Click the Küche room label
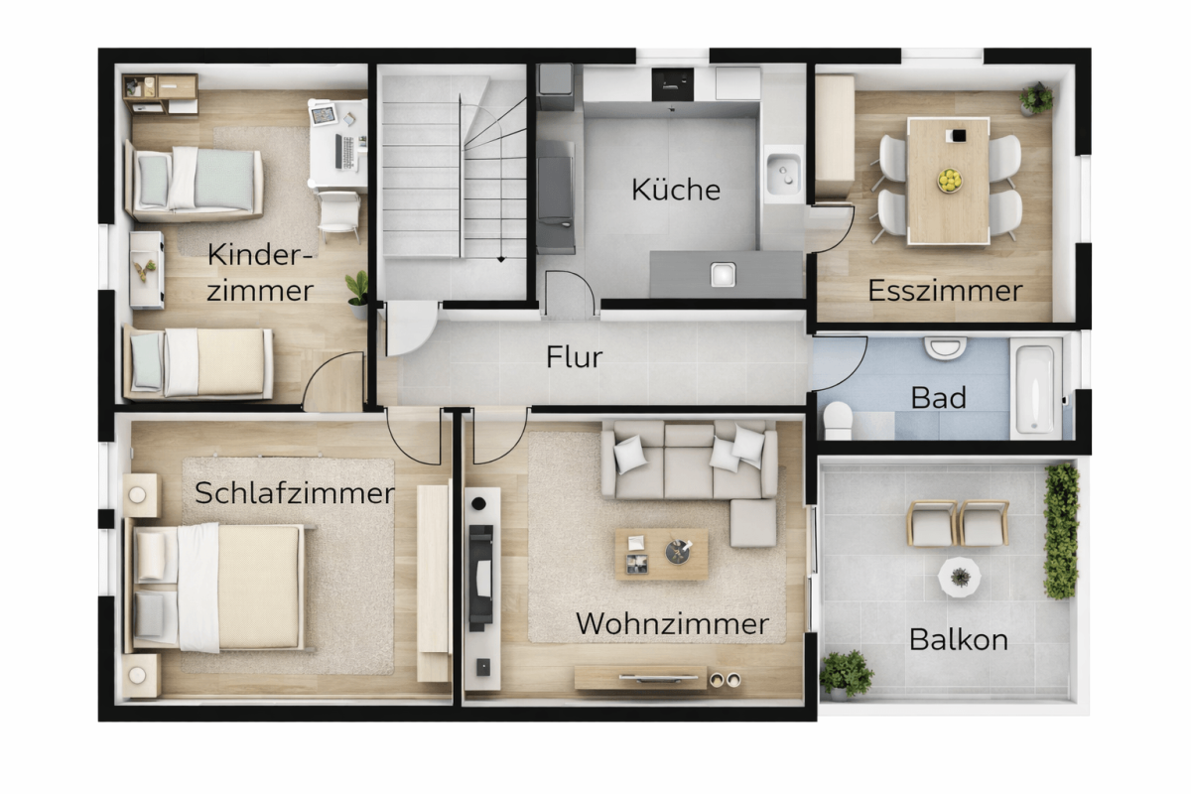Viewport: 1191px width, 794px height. pyautogui.click(x=676, y=190)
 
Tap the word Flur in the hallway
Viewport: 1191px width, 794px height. pyautogui.click(x=575, y=357)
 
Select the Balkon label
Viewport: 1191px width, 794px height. pyautogui.click(x=959, y=640)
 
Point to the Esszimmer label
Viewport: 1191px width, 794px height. pyautogui.click(x=945, y=291)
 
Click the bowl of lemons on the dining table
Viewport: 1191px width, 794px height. pyautogui.click(x=949, y=181)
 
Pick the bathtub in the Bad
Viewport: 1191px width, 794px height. pyautogui.click(x=1035, y=389)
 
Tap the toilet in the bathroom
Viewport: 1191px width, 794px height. pyautogui.click(x=838, y=420)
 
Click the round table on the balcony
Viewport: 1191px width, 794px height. pyautogui.click(x=960, y=577)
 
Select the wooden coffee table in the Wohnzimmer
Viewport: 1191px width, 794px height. pyautogui.click(x=661, y=554)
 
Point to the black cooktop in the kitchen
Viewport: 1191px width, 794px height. pyautogui.click(x=673, y=84)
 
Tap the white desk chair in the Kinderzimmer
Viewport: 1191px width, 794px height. pyautogui.click(x=339, y=213)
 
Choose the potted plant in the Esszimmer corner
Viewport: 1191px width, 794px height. pyautogui.click(x=1035, y=99)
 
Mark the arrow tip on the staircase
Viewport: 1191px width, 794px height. pyautogui.click(x=501, y=260)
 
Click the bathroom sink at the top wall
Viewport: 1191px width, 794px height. pyautogui.click(x=945, y=347)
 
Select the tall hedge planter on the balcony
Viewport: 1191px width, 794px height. pyautogui.click(x=1062, y=532)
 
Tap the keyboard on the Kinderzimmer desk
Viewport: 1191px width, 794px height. pyautogui.click(x=347, y=153)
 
